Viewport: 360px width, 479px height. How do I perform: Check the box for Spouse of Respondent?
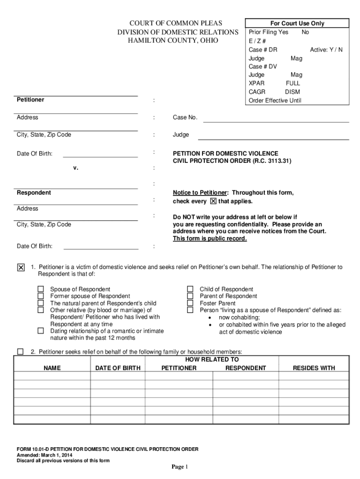41,289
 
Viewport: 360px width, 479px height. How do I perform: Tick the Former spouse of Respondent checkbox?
41,296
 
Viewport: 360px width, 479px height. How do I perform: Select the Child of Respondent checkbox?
190,289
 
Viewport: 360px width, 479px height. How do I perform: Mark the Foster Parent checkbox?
190,303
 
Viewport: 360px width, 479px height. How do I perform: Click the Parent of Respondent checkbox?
190,296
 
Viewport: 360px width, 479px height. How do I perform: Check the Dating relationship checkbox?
41,331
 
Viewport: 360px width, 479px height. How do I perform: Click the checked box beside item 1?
21,268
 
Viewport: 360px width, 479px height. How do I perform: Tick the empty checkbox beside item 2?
21,352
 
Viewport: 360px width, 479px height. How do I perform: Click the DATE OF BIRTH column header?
118,368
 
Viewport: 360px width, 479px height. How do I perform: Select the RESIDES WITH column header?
314,368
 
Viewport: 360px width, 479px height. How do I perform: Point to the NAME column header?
52,368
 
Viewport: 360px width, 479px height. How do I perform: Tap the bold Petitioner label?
30,100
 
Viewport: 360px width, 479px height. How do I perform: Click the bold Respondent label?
34,193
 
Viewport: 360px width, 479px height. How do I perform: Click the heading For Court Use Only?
297,23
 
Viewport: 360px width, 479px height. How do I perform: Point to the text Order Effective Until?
275,101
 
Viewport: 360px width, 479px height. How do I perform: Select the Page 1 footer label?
180,467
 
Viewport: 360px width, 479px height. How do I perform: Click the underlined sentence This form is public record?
209,239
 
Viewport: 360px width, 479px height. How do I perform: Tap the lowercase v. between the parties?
75,168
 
